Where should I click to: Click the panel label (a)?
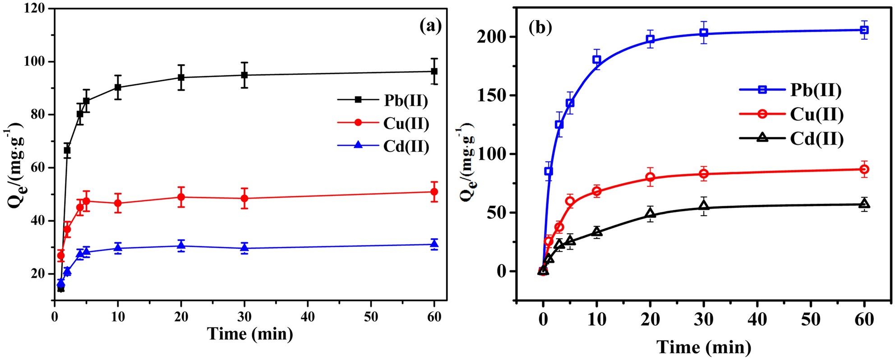[x=430, y=26]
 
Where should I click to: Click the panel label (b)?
[x=540, y=28]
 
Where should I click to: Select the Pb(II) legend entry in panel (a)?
[x=406, y=100]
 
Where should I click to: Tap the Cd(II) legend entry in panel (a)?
[x=406, y=146]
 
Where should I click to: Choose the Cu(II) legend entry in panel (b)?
[x=817, y=114]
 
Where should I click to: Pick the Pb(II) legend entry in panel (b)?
[x=816, y=90]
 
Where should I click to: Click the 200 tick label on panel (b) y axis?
[x=491, y=37]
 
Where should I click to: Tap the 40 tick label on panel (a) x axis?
[x=308, y=317]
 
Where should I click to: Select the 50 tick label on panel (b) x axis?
[x=811, y=319]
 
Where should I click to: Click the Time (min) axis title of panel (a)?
[x=250, y=334]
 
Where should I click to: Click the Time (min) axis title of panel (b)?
[x=704, y=347]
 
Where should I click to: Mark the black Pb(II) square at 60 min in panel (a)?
[x=434, y=71]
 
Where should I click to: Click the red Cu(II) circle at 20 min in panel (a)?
[x=181, y=197]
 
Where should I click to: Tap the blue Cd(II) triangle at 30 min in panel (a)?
[x=244, y=247]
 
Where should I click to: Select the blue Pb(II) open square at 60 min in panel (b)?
[x=864, y=30]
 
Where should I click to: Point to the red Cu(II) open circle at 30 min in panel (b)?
[x=704, y=174]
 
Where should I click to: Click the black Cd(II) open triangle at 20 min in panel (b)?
[x=650, y=214]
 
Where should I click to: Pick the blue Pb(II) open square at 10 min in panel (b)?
[x=597, y=60]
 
